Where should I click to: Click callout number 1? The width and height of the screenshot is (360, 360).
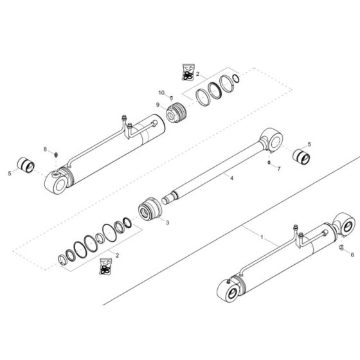coord(262,237)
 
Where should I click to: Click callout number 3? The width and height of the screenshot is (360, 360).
coord(167,222)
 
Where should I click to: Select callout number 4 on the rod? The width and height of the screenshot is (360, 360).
coord(231,178)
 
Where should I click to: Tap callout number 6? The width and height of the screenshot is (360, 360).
coord(352,255)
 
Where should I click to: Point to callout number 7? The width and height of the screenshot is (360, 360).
coord(279,168)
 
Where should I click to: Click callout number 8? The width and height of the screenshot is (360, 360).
coord(45,149)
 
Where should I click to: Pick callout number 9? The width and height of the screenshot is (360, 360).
coord(157,105)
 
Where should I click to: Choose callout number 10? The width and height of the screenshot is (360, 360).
coord(161,93)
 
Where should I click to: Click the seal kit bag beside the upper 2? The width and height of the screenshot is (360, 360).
coord(188,72)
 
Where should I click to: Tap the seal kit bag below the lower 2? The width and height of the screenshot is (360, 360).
coord(105,266)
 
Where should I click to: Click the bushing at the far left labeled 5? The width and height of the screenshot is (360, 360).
coord(26,165)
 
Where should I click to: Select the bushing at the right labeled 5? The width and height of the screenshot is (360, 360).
coord(301,157)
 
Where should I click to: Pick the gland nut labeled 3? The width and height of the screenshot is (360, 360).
coord(150,210)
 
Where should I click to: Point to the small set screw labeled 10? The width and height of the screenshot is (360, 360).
coord(171,98)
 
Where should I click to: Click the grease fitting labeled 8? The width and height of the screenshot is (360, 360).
coord(55,155)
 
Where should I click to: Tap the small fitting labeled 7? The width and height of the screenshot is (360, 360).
coord(269,163)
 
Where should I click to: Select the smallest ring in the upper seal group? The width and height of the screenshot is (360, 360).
coord(236,78)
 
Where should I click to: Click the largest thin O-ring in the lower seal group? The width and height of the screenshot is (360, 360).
coord(109,233)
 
